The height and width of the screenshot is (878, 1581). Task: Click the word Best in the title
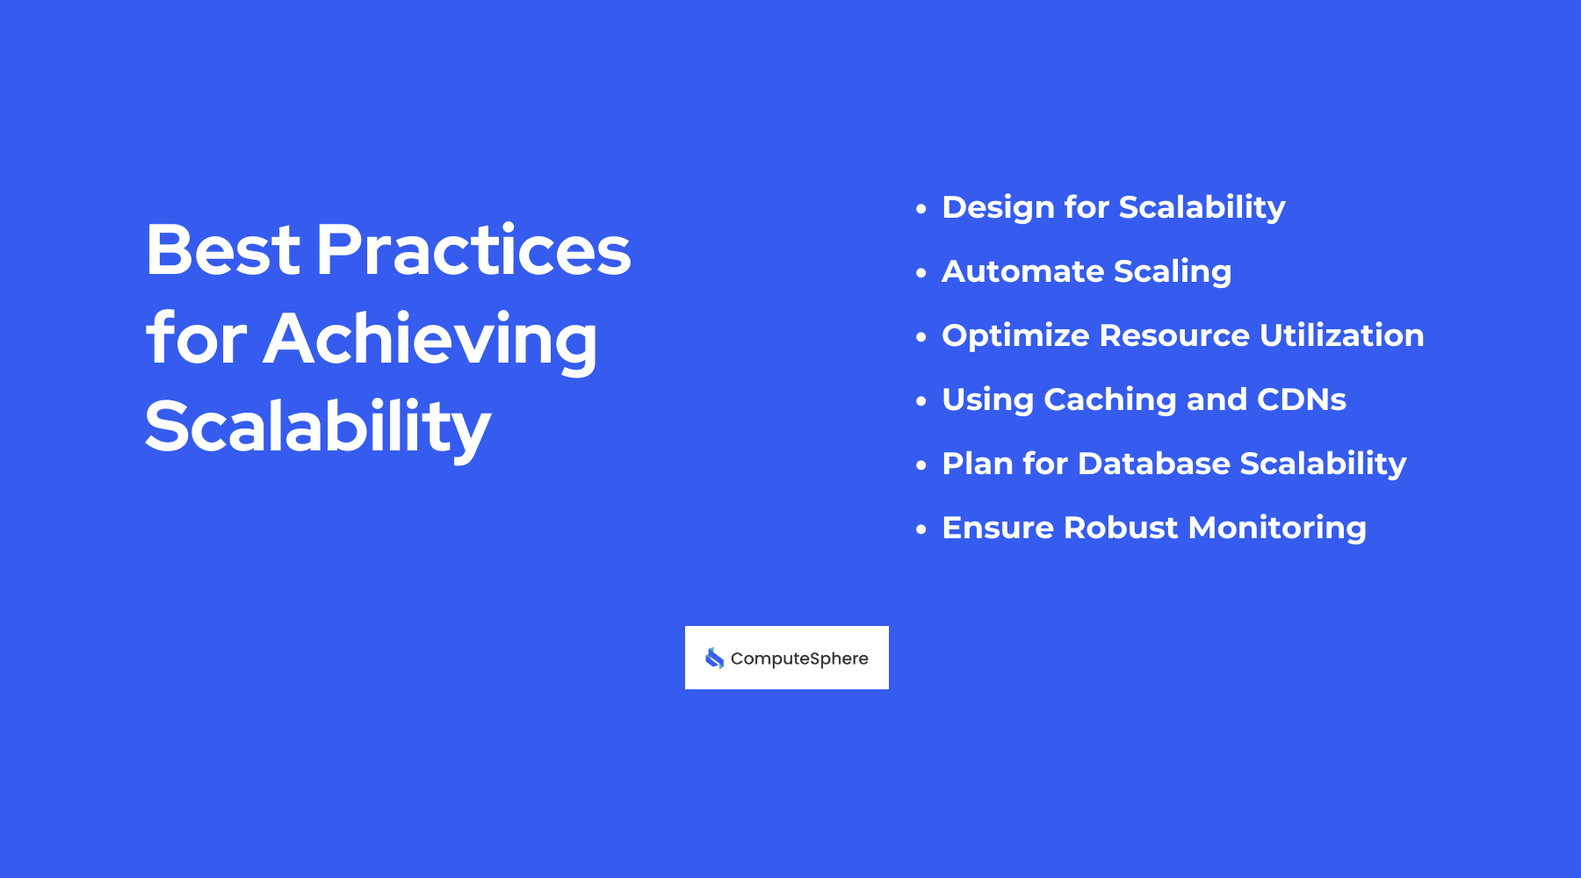(222, 250)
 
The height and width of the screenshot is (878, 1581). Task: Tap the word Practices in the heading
(473, 250)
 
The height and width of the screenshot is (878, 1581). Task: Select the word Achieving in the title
(430, 340)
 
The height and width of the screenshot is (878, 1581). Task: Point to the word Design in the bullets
(998, 208)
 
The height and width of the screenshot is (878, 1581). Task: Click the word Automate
(1022, 272)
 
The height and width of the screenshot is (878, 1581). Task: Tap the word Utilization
(1341, 335)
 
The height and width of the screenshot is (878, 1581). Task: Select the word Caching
(1109, 400)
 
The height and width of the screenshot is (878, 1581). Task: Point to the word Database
(1153, 464)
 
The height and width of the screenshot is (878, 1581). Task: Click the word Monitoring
(1277, 529)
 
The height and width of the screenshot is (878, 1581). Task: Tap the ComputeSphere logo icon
(715, 658)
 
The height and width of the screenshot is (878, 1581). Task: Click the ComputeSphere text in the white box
(799, 658)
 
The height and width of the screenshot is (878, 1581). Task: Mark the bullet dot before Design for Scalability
(920, 209)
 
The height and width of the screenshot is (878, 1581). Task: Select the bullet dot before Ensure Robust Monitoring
(920, 529)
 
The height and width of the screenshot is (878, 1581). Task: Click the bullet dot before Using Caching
(920, 401)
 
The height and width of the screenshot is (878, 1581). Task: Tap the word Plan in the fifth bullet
(977, 464)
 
